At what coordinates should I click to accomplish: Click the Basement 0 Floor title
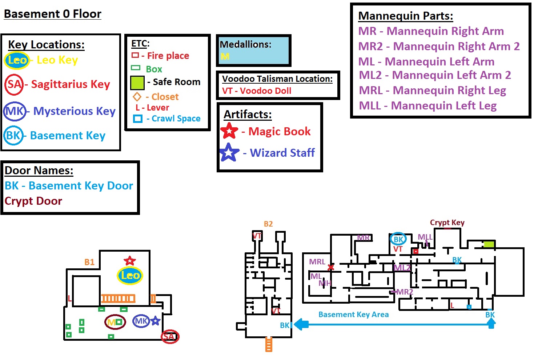52,14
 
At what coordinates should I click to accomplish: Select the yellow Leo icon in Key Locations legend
17,60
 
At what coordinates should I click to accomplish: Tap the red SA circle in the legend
14,84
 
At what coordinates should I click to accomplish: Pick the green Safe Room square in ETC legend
137,83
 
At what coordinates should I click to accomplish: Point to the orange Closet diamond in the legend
137,97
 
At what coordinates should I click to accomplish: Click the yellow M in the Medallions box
225,56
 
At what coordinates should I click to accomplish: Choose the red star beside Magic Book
229,131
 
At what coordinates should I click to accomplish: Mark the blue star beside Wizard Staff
229,152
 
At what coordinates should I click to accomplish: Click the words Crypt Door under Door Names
33,201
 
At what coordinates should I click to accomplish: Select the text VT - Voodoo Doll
257,91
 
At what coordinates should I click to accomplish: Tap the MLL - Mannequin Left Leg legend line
427,106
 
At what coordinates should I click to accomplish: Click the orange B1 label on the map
89,262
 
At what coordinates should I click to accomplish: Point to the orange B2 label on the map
268,224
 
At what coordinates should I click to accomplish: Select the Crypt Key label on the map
447,223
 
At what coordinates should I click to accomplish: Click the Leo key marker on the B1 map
130,275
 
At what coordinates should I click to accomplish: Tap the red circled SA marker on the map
170,336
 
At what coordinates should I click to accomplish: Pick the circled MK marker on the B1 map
141,321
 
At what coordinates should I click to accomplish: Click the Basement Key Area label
353,315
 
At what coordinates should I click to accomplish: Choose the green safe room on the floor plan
489,244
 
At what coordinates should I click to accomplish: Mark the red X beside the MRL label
331,268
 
